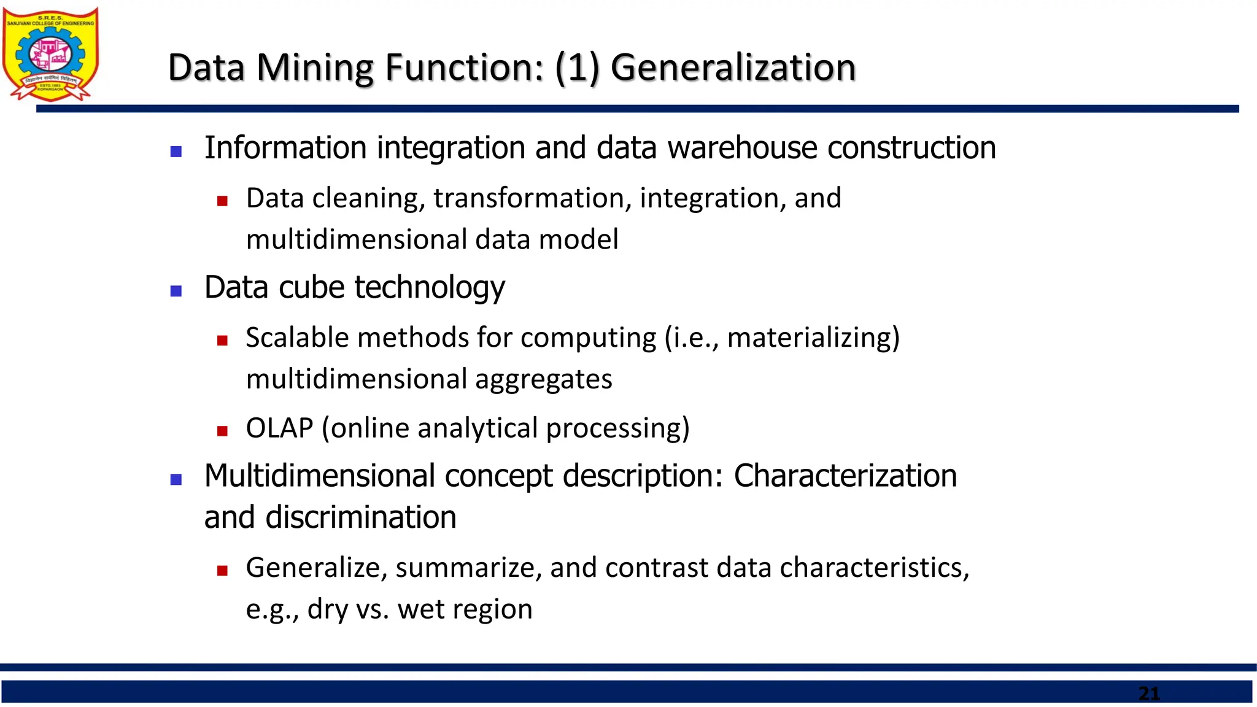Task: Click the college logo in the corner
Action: click(50, 54)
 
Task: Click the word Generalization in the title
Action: click(733, 68)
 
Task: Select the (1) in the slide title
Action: click(577, 68)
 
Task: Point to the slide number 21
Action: click(1149, 693)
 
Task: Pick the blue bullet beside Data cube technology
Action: click(176, 291)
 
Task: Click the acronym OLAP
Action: click(279, 428)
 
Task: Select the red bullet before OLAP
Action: click(222, 431)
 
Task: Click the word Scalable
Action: click(297, 338)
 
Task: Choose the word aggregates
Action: click(543, 379)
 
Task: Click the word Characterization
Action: click(845, 476)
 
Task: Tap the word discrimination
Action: click(361, 517)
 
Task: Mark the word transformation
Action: click(532, 198)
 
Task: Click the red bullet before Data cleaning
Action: click(222, 201)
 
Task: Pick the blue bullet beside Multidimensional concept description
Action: click(176, 480)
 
